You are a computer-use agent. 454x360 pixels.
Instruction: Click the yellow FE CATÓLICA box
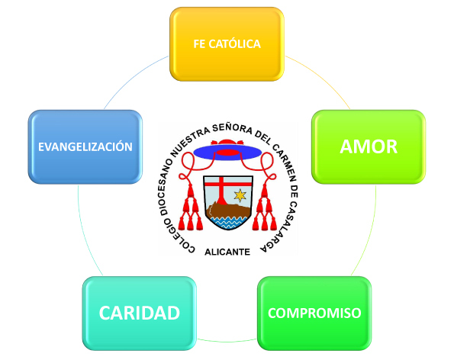coord(227,44)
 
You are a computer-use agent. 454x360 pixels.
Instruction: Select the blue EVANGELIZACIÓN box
coord(85,146)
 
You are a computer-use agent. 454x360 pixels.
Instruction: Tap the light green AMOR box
coord(369,146)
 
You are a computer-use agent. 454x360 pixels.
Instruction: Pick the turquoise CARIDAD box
coord(140,313)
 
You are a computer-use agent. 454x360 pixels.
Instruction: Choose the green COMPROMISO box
coord(314,313)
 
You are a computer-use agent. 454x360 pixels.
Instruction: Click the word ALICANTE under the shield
coord(227,252)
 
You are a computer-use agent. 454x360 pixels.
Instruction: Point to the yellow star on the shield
coord(240,195)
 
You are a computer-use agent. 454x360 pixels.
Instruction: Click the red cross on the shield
coord(222,188)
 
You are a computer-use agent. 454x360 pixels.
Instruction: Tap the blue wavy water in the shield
coord(228,222)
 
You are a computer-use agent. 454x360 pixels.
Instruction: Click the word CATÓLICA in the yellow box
coord(235,43)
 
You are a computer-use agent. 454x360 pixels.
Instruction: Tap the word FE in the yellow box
coord(199,44)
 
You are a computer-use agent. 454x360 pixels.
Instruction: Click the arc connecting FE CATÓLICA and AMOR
coord(320,78)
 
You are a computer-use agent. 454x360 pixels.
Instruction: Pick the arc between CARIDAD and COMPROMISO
coord(227,342)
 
